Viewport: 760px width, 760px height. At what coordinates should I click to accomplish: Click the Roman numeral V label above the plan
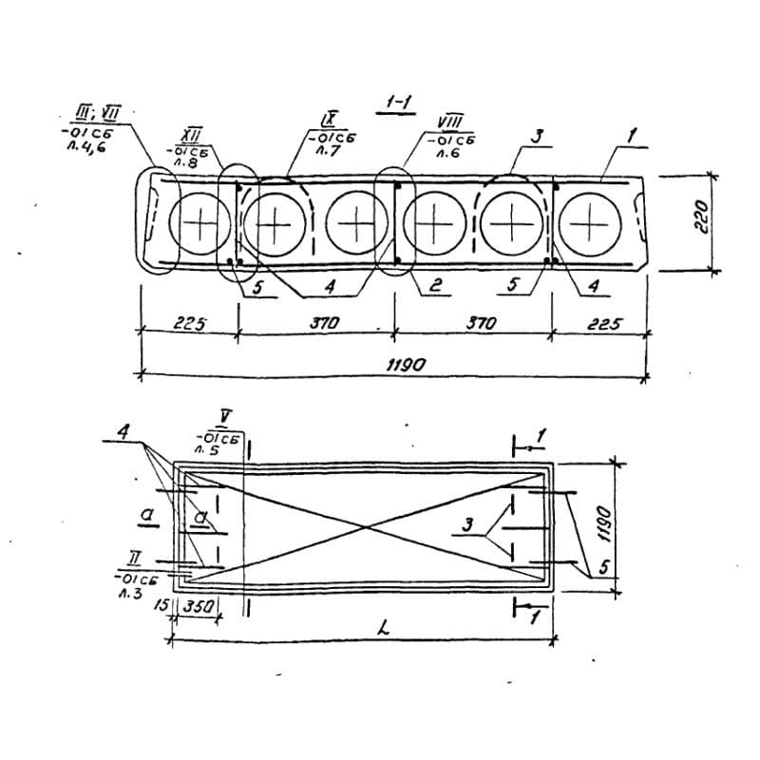pyautogui.click(x=225, y=416)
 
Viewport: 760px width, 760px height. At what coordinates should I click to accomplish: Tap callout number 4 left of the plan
pyautogui.click(x=123, y=432)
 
